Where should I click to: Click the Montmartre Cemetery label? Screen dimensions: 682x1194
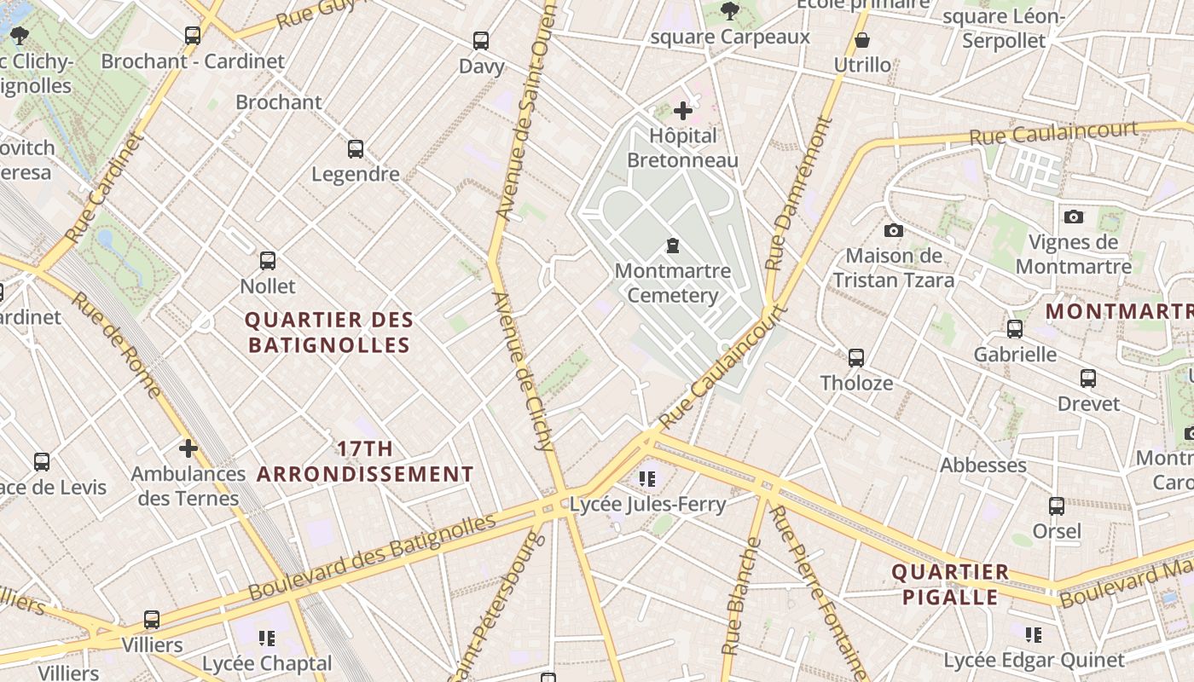[x=673, y=284]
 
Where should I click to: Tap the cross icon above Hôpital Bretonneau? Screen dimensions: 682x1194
[x=683, y=110]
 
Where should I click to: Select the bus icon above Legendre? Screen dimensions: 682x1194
[x=356, y=149]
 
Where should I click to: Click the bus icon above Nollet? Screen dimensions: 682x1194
[x=268, y=261]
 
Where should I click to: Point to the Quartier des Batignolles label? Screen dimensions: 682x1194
[x=329, y=332]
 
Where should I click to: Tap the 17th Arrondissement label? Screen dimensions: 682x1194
[x=366, y=461]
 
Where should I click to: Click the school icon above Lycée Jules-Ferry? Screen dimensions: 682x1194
[x=647, y=479]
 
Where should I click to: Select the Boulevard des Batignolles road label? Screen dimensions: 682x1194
[x=372, y=557]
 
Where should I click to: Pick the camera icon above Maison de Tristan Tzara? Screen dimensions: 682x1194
[x=894, y=230]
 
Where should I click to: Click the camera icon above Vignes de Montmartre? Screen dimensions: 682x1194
[x=1074, y=217]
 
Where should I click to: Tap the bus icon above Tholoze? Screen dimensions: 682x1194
[x=856, y=358]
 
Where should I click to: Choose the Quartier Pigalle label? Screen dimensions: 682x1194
[x=950, y=584]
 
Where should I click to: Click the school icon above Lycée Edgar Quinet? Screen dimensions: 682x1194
[x=1034, y=634]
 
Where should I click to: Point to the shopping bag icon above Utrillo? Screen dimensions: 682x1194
[x=862, y=40]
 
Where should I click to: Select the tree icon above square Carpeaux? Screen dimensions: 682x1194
[x=729, y=11]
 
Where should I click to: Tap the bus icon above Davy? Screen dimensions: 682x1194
[x=481, y=40]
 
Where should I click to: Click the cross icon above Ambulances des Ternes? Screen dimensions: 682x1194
[x=188, y=448]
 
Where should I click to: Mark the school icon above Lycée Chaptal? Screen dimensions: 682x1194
[x=267, y=638]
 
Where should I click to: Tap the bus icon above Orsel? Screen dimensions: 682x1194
[x=1057, y=506]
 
